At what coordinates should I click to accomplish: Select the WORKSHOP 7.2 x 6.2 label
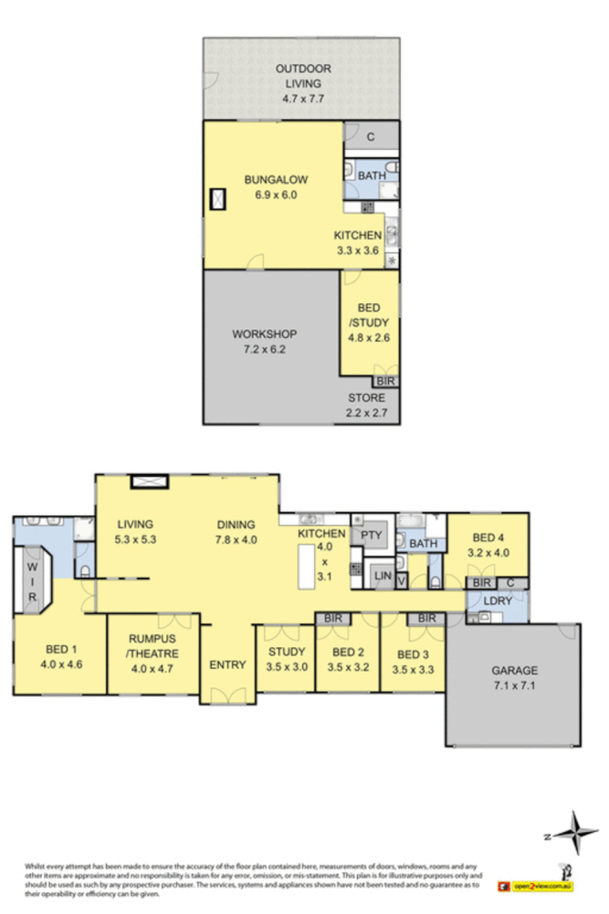point(264,341)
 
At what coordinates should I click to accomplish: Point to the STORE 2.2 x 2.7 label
point(365,405)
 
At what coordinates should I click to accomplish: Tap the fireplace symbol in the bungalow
point(219,198)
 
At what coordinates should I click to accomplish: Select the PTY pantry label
point(371,535)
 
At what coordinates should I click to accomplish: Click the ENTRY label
point(226,664)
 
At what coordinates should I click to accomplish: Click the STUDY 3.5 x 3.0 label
point(286,658)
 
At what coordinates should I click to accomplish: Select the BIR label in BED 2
point(331,619)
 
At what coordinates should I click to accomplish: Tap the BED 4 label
point(487,545)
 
